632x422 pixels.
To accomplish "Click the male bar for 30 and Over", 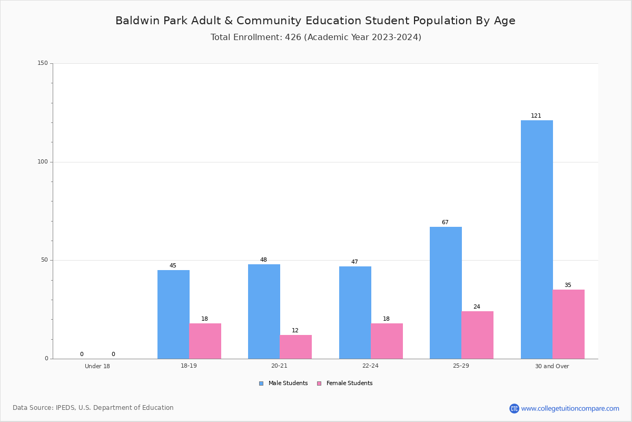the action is [537, 239].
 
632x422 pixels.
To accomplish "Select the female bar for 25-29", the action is [477, 335].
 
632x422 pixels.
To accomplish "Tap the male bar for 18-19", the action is [173, 314].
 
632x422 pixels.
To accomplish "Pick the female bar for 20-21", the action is [295, 347].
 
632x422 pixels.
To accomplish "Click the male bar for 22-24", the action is [355, 313].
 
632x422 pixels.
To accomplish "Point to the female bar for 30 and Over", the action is [568, 324].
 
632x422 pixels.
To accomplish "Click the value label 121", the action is [536, 116].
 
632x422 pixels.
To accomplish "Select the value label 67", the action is [445, 222].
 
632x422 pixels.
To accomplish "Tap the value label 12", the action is [295, 330].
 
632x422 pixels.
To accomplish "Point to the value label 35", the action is [568, 285].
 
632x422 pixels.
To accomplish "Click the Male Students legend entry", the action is [283, 383].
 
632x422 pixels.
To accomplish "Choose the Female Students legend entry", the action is [345, 383].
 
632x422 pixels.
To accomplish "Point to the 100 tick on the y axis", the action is [43, 161].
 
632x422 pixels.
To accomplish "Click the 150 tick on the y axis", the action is [43, 63].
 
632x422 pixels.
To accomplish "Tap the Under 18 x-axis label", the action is [97, 366].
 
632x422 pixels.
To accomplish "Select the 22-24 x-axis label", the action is [370, 366].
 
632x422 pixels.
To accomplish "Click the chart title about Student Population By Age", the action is [315, 21].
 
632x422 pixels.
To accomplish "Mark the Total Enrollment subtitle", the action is [316, 37].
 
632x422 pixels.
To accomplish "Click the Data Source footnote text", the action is [93, 408].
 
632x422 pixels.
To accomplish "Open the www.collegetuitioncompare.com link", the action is [570, 408].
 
